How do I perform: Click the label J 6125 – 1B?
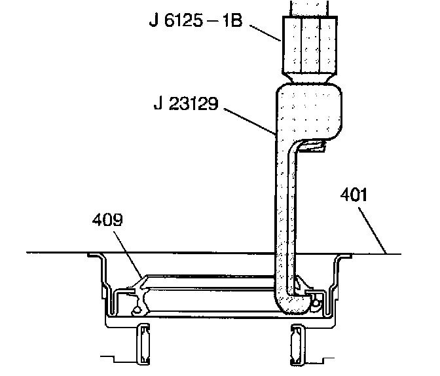click(x=196, y=20)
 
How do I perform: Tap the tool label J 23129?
click(x=186, y=103)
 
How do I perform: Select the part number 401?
click(x=354, y=195)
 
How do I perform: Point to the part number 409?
click(x=107, y=219)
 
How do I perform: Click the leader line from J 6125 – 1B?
click(x=265, y=33)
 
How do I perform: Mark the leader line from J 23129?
click(x=250, y=121)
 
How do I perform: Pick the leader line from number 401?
click(x=373, y=231)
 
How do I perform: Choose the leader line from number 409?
click(x=128, y=255)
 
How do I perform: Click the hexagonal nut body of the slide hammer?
click(x=310, y=45)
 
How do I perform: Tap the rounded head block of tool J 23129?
click(x=309, y=111)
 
